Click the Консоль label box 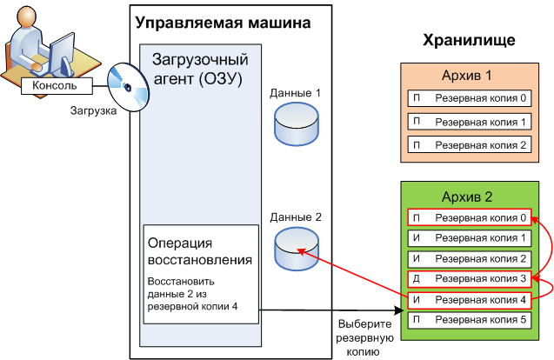53,86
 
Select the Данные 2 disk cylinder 296,248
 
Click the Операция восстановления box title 200,250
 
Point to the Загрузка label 94,111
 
